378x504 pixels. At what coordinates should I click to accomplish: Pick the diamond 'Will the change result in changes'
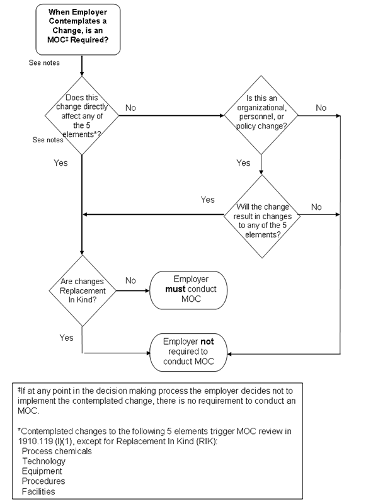[x=261, y=215]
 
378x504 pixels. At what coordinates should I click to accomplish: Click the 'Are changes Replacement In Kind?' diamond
[x=83, y=291]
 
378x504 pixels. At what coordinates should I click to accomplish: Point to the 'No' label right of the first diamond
[x=131, y=108]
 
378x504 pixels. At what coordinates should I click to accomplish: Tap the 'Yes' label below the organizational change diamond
[x=243, y=163]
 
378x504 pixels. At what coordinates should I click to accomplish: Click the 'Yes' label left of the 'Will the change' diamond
[x=207, y=200]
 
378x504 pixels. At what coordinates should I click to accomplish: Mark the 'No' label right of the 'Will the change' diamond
[x=316, y=206]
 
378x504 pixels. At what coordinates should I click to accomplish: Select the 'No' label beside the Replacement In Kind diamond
[x=131, y=280]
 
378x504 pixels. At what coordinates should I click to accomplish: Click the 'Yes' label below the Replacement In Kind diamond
[x=66, y=338]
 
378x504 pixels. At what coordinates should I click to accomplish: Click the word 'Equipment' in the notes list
[x=43, y=471]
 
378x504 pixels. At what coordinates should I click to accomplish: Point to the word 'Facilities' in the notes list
[x=38, y=491]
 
